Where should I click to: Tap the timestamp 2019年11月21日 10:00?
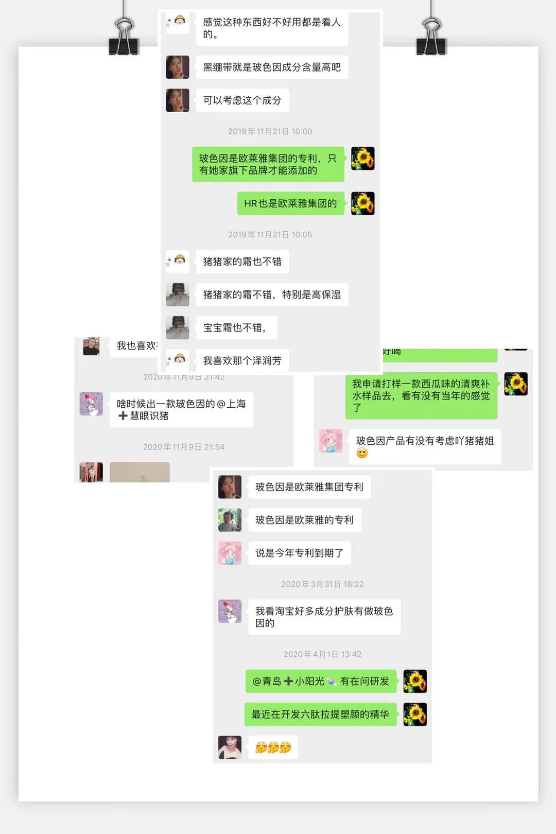point(270,131)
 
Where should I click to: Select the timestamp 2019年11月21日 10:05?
point(270,234)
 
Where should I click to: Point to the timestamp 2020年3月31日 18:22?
point(322,584)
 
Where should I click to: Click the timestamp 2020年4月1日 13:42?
point(322,654)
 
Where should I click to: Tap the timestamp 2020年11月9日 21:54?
point(184,447)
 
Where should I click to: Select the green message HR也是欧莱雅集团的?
point(290,203)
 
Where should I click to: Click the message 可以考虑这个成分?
point(242,100)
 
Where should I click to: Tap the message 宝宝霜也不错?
point(236,327)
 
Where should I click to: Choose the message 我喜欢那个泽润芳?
point(242,360)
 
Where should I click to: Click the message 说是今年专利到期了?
point(299,553)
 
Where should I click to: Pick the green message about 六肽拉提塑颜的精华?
point(320,714)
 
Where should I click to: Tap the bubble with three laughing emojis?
point(273,747)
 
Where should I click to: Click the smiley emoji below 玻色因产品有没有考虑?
point(362,453)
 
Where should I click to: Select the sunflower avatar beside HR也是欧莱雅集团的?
point(363,203)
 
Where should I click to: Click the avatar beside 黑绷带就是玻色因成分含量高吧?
point(178,67)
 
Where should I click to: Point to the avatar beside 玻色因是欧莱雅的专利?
point(230,520)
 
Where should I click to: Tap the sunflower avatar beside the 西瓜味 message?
point(516,384)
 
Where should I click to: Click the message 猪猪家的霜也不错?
point(242,262)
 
